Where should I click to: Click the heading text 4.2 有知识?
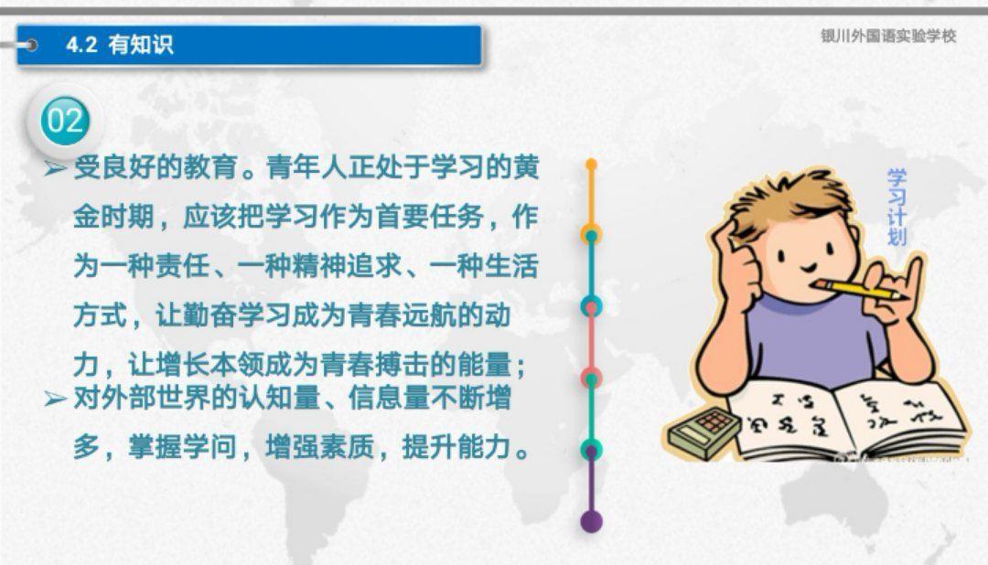tap(119, 45)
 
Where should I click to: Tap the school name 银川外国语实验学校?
tap(888, 36)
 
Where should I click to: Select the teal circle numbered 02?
tap(65, 121)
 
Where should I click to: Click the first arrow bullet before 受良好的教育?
tap(56, 168)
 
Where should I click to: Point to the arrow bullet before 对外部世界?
tap(56, 399)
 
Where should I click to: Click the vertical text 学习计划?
tap(897, 208)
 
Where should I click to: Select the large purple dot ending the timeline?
tap(591, 521)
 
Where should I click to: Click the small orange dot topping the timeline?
tap(591, 165)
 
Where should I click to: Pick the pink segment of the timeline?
tap(591, 343)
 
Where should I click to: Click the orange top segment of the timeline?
tap(591, 198)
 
